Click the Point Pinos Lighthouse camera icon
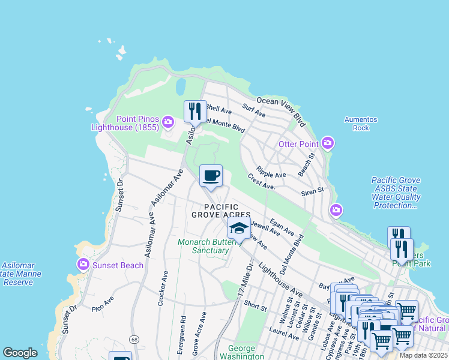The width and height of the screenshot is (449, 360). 167,122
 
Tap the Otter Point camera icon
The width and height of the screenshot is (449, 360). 327,143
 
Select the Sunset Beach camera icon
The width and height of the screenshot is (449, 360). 83,264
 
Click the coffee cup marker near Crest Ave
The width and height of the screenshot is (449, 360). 211,176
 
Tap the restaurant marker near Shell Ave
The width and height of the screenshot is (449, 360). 195,112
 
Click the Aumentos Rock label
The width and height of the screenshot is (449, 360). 361,124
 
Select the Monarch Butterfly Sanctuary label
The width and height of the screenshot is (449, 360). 203,246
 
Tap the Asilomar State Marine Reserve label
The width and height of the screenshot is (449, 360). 18,274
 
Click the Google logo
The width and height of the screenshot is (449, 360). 20,353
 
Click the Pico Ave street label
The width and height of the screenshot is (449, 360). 103,299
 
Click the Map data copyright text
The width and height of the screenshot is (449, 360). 423,355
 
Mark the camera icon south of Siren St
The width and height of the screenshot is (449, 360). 336,209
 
